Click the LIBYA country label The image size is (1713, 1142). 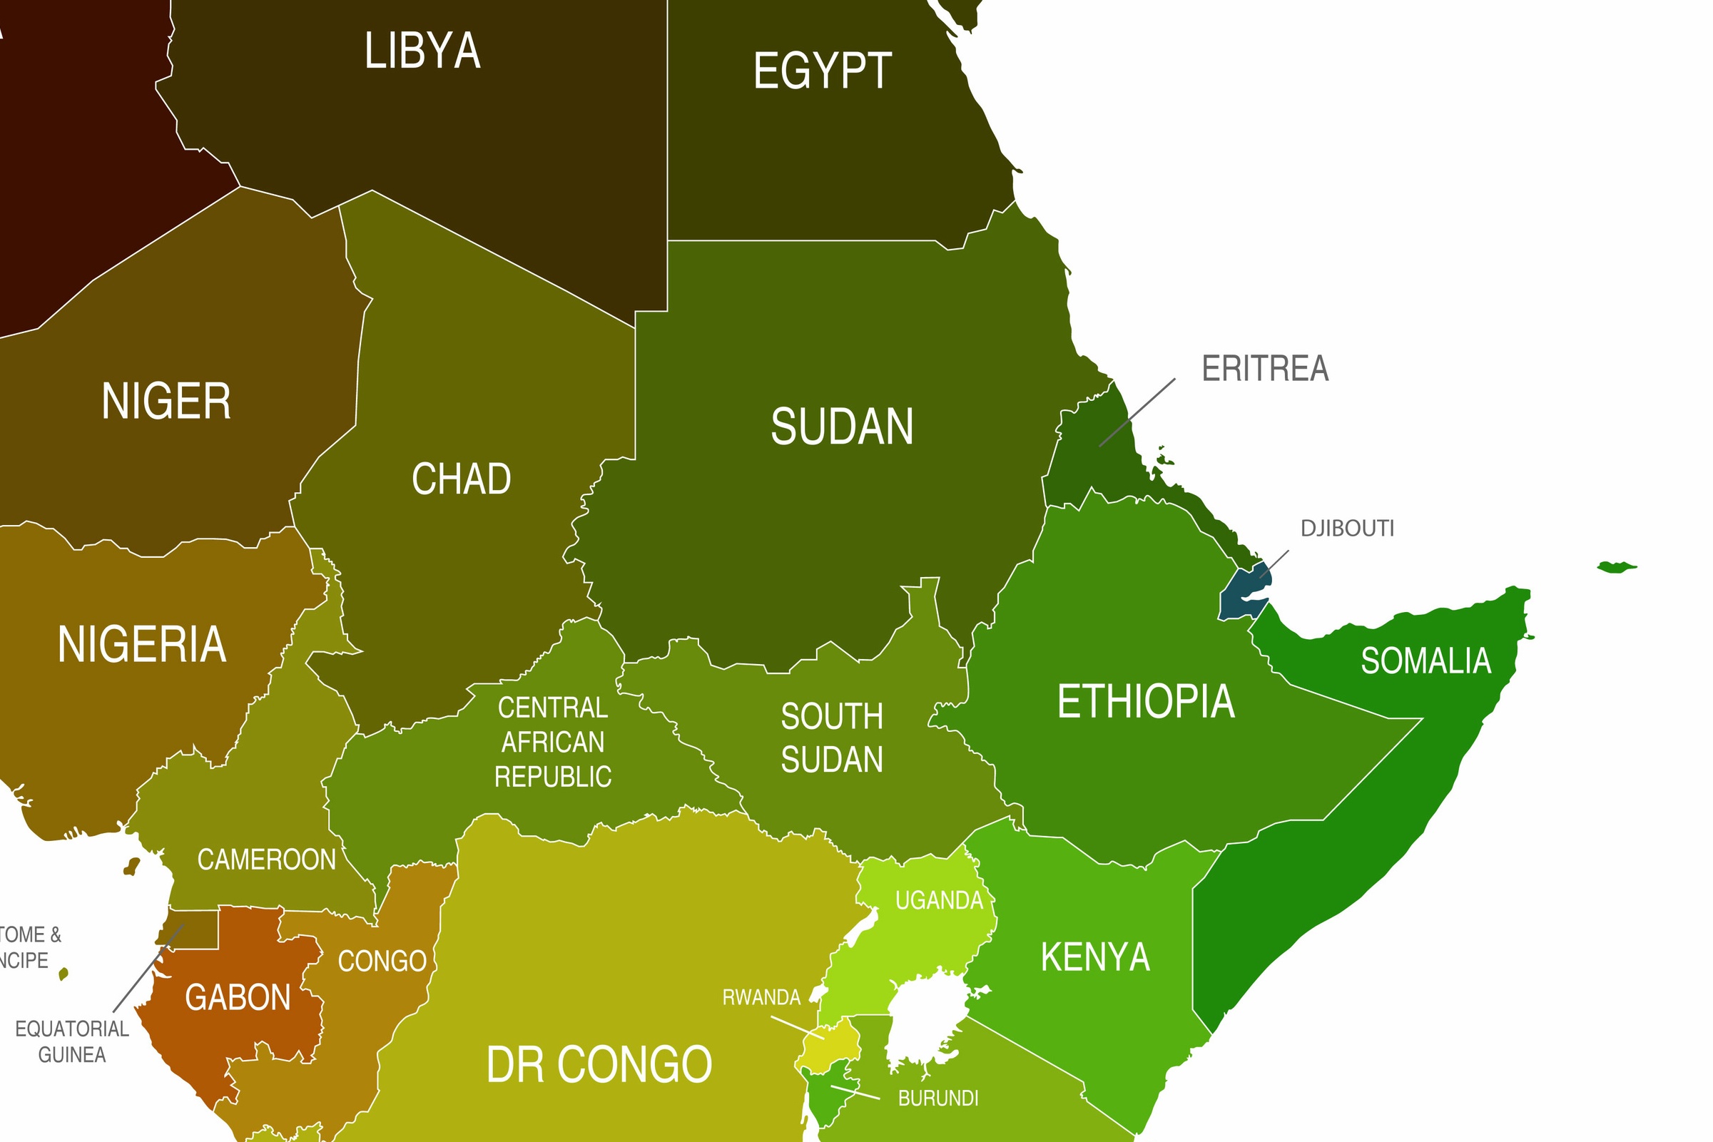click(x=422, y=51)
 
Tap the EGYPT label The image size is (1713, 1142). click(x=823, y=71)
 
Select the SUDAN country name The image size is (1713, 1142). click(x=842, y=427)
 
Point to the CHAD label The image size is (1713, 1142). click(x=462, y=479)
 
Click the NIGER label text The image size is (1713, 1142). click(x=166, y=402)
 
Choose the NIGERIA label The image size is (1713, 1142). click(x=142, y=645)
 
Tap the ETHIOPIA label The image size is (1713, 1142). click(x=1146, y=701)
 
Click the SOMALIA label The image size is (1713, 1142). click(x=1425, y=661)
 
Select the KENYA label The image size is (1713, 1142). click(x=1094, y=957)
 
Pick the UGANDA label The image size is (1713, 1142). click(x=939, y=901)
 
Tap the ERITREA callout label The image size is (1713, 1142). click(x=1265, y=369)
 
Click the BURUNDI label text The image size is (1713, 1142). click(x=938, y=1098)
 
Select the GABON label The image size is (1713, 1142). click(x=238, y=998)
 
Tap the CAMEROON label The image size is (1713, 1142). click(x=267, y=860)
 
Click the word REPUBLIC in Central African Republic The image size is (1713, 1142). click(x=553, y=776)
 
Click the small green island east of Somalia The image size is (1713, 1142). click(x=1616, y=566)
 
